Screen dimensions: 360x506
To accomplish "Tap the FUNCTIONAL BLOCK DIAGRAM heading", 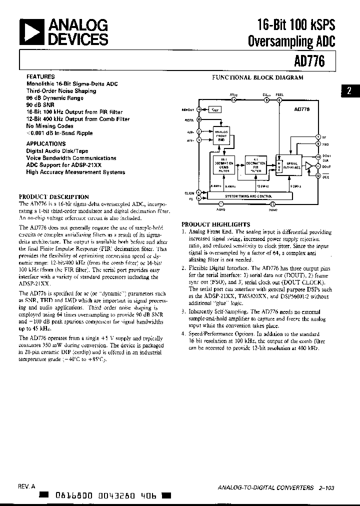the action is tap(257, 78).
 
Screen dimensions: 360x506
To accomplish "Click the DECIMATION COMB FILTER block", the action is tap(224, 165).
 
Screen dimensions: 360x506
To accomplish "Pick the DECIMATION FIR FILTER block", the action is tap(255, 165).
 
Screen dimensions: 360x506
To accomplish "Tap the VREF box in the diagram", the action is tap(214, 109).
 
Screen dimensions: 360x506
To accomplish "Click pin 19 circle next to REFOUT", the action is tap(199, 109).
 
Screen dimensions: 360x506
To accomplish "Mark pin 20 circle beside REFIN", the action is tap(199, 119).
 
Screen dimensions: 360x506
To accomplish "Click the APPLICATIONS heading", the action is tap(46, 143).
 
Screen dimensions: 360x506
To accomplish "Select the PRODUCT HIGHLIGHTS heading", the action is tap(215, 224).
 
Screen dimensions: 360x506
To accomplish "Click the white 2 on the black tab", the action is tap(349, 91).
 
